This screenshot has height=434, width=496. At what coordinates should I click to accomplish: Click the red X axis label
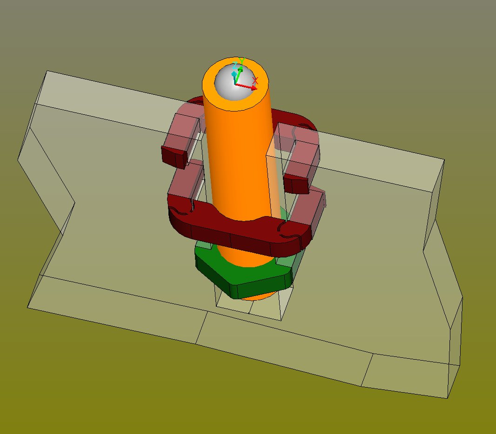click(255, 81)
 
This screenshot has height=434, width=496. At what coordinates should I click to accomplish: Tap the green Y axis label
click(241, 61)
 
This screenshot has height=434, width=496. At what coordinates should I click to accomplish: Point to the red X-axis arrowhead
click(254, 87)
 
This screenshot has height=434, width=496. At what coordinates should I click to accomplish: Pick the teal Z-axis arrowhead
click(234, 73)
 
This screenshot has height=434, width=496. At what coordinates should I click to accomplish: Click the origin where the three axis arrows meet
click(235, 85)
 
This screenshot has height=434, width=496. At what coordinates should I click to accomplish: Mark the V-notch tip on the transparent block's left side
click(74, 203)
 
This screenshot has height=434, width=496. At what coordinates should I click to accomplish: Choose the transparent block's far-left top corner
click(47, 72)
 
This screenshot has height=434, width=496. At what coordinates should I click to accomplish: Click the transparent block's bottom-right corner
click(448, 398)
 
